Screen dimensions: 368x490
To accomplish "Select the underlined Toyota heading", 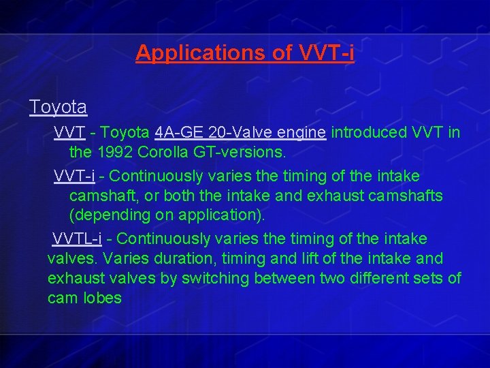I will point(58,107).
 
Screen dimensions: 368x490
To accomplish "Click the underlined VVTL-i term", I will point(77,239).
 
